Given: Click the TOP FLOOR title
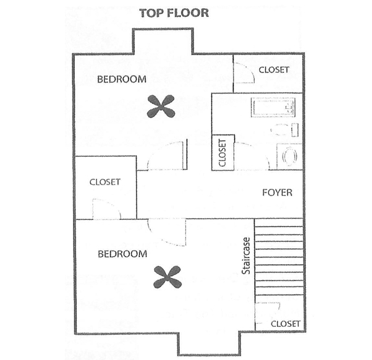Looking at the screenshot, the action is pyautogui.click(x=174, y=13).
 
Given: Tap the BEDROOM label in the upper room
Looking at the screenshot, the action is pyautogui.click(x=122, y=79).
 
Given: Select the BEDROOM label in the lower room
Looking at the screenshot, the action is pyautogui.click(x=122, y=254).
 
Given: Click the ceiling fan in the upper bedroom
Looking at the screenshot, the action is pyautogui.click(x=161, y=106).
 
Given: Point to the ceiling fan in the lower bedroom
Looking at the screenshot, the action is pyautogui.click(x=167, y=277).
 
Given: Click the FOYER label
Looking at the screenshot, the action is pyautogui.click(x=277, y=192).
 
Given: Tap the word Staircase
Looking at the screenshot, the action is pyautogui.click(x=246, y=256).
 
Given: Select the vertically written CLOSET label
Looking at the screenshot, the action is pyautogui.click(x=222, y=152).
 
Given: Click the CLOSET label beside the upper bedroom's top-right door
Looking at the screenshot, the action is pyautogui.click(x=274, y=69).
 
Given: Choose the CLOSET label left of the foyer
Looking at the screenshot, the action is pyautogui.click(x=105, y=182).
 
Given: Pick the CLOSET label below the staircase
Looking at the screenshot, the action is pyautogui.click(x=286, y=324).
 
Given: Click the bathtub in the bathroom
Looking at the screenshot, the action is pyautogui.click(x=273, y=107).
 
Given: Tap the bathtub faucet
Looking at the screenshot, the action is pyautogui.click(x=290, y=108).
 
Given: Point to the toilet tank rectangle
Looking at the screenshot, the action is pyautogui.click(x=295, y=130).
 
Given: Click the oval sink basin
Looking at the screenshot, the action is pyautogui.click(x=290, y=157).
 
